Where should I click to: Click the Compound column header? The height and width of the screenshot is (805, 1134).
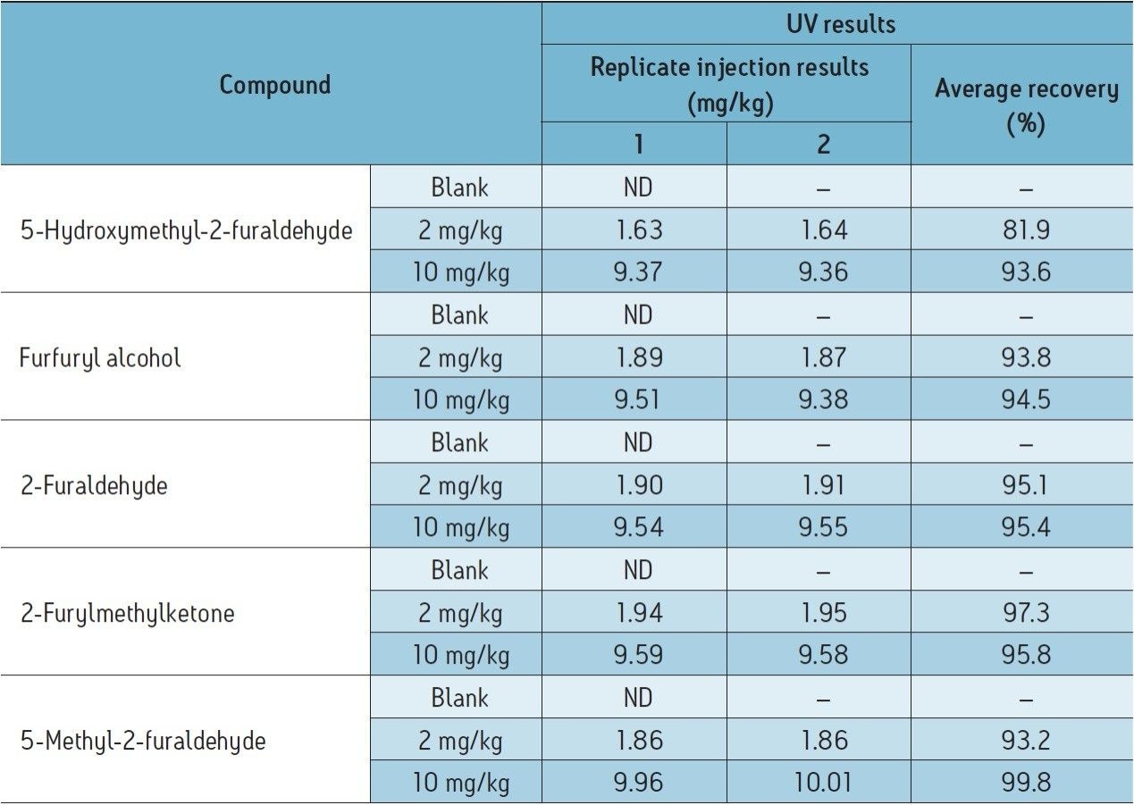pos(275,85)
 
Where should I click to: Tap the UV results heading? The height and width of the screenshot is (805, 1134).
pos(841,24)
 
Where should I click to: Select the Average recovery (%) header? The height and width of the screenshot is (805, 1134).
pos(1026,105)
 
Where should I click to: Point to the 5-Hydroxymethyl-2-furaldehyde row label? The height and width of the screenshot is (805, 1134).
pos(186,231)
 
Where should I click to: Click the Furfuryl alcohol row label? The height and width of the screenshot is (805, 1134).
pos(100,358)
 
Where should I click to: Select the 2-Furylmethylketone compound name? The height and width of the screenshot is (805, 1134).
pos(127,613)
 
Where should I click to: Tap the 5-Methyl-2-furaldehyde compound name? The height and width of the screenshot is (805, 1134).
pos(142,741)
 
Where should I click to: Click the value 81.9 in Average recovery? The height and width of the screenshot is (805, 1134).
pos(1025,231)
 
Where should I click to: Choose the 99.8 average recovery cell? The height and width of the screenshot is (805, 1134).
pos(1025,783)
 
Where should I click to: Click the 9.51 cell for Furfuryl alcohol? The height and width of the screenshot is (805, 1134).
pos(638,399)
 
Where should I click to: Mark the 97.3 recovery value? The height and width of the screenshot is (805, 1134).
pos(1025,613)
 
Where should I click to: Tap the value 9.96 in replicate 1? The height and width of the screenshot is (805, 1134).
pos(638,783)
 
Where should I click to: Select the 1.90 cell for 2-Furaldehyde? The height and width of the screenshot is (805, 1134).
pos(638,485)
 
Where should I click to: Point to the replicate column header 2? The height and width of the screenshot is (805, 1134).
pos(823,145)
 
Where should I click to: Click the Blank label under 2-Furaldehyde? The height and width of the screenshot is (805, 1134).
pos(459,442)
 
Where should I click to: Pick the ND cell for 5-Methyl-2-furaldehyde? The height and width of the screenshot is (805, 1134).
pos(638,698)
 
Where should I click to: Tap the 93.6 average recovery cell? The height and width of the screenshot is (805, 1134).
pos(1025,273)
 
